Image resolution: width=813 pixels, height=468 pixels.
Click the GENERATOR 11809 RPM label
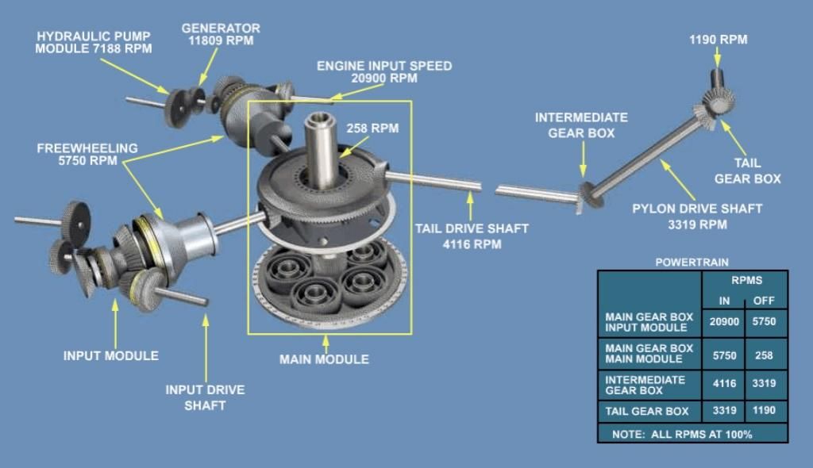pyautogui.click(x=221, y=35)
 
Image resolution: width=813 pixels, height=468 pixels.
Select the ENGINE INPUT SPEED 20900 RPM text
pyautogui.click(x=384, y=72)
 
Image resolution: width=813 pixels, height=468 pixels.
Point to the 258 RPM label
pyautogui.click(x=373, y=128)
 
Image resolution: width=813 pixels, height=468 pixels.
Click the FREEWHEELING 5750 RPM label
pyautogui.click(x=87, y=155)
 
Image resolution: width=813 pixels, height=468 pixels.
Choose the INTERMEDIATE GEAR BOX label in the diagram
pyautogui.click(x=581, y=125)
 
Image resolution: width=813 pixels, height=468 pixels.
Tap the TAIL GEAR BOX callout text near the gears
pyautogui.click(x=747, y=171)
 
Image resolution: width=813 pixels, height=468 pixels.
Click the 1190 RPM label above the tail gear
pyautogui.click(x=718, y=40)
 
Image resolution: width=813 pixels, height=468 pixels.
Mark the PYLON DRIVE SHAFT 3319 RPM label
pyautogui.click(x=697, y=217)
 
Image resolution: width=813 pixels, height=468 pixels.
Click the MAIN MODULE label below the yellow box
pyautogui.click(x=324, y=359)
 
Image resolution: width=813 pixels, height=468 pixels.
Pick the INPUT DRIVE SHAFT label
pyautogui.click(x=205, y=397)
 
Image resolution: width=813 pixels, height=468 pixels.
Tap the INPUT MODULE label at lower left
pyautogui.click(x=111, y=356)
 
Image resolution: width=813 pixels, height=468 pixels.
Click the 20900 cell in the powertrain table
pyautogui.click(x=723, y=322)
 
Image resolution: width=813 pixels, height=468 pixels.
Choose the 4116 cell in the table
pyautogui.click(x=723, y=384)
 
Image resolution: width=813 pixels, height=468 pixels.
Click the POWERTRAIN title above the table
pyautogui.click(x=692, y=262)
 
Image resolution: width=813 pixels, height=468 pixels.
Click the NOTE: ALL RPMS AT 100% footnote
pyautogui.click(x=681, y=434)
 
